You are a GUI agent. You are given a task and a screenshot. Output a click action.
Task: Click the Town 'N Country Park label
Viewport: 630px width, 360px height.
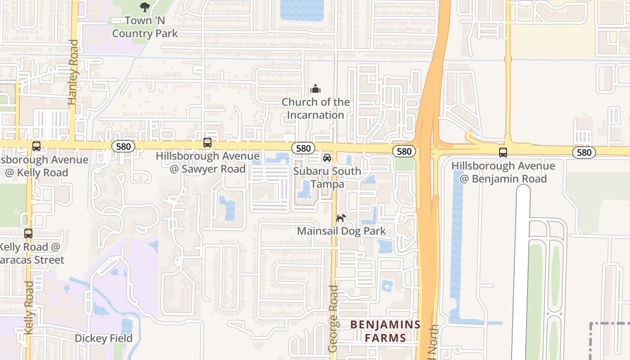pos(145,27)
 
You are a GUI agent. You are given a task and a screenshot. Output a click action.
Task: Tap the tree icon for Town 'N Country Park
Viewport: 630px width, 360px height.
pos(144,7)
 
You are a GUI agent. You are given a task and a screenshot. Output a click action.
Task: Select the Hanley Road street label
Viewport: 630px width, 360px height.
pos(73,72)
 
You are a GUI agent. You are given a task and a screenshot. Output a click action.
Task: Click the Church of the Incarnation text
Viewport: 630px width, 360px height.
pos(315,108)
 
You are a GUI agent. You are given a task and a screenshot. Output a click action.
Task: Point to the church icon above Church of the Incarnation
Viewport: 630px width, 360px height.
pos(315,89)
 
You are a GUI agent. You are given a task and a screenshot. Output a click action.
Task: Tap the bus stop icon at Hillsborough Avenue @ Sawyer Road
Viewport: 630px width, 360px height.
pos(207,143)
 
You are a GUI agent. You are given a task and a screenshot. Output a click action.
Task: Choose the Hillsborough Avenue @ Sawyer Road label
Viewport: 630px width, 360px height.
pos(207,162)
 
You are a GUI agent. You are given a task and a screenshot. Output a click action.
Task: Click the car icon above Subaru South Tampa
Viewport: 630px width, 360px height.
pos(327,158)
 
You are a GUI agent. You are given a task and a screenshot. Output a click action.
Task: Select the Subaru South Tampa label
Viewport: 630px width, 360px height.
pos(327,178)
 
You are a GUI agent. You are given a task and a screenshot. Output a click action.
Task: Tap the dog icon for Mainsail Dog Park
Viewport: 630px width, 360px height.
pos(341,218)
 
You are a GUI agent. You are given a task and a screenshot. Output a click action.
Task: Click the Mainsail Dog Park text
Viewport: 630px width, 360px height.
pos(341,231)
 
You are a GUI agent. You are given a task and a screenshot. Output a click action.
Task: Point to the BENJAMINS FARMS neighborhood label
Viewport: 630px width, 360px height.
pos(385,331)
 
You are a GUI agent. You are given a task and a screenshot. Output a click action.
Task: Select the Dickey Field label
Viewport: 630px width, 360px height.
pos(103,338)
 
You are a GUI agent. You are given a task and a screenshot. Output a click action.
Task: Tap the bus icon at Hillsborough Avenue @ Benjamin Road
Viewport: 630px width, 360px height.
pos(503,153)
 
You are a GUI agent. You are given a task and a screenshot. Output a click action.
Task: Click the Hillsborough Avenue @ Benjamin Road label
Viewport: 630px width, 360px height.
pos(503,172)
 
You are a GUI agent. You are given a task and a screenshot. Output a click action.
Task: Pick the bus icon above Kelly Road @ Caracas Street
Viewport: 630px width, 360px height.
pos(28,234)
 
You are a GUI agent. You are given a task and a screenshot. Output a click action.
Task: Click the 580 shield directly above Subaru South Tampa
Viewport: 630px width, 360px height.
pos(303,148)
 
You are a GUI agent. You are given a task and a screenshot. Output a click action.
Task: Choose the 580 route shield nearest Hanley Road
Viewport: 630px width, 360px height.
pos(123,146)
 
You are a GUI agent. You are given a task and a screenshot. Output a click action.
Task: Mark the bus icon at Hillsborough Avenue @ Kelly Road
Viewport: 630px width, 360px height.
pos(36,146)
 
